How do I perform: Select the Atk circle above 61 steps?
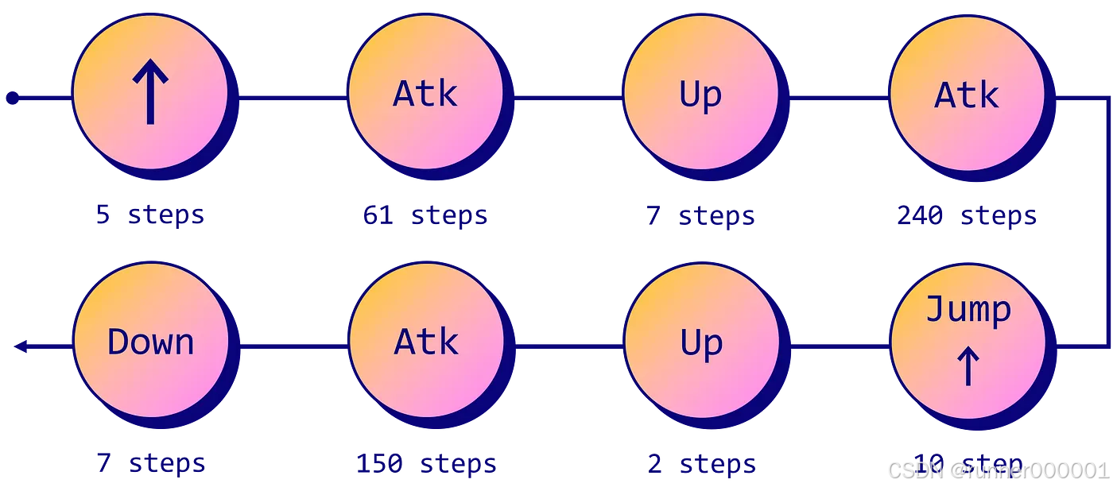pyautogui.click(x=425, y=93)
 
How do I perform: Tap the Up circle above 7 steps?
pyautogui.click(x=700, y=93)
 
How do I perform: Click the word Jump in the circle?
pyautogui.click(x=968, y=309)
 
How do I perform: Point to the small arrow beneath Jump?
pyautogui.click(x=968, y=367)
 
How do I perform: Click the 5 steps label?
pyautogui.click(x=149, y=215)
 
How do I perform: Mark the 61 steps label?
pyautogui.click(x=425, y=215)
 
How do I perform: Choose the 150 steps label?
pyautogui.click(x=425, y=463)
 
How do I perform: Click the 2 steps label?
pyautogui.click(x=700, y=463)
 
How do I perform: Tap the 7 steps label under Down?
pyautogui.click(x=150, y=463)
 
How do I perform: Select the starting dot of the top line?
pyautogui.click(x=12, y=98)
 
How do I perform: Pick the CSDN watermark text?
pyautogui.click(x=997, y=470)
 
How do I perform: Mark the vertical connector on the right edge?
pyautogui.click(x=1108, y=222)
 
